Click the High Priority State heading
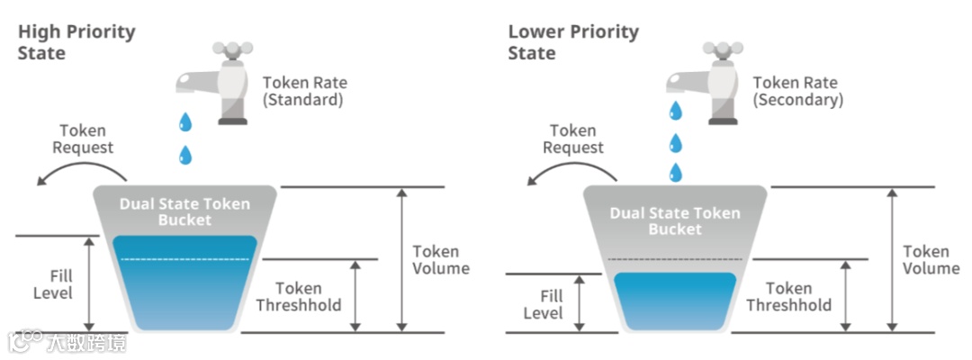[76, 42]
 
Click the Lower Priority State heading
[573, 42]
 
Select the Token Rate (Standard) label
[304, 91]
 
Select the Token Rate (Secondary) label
[798, 91]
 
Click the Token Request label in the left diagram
[82, 139]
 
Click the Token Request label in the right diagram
[573, 139]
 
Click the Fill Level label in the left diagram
[53, 284]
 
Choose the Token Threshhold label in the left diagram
[299, 296]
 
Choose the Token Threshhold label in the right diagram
[789, 296]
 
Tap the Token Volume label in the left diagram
[441, 259]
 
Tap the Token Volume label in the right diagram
[931, 259]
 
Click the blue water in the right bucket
[675, 301]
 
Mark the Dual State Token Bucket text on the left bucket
[184, 211]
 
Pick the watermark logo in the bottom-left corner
[67, 342]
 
